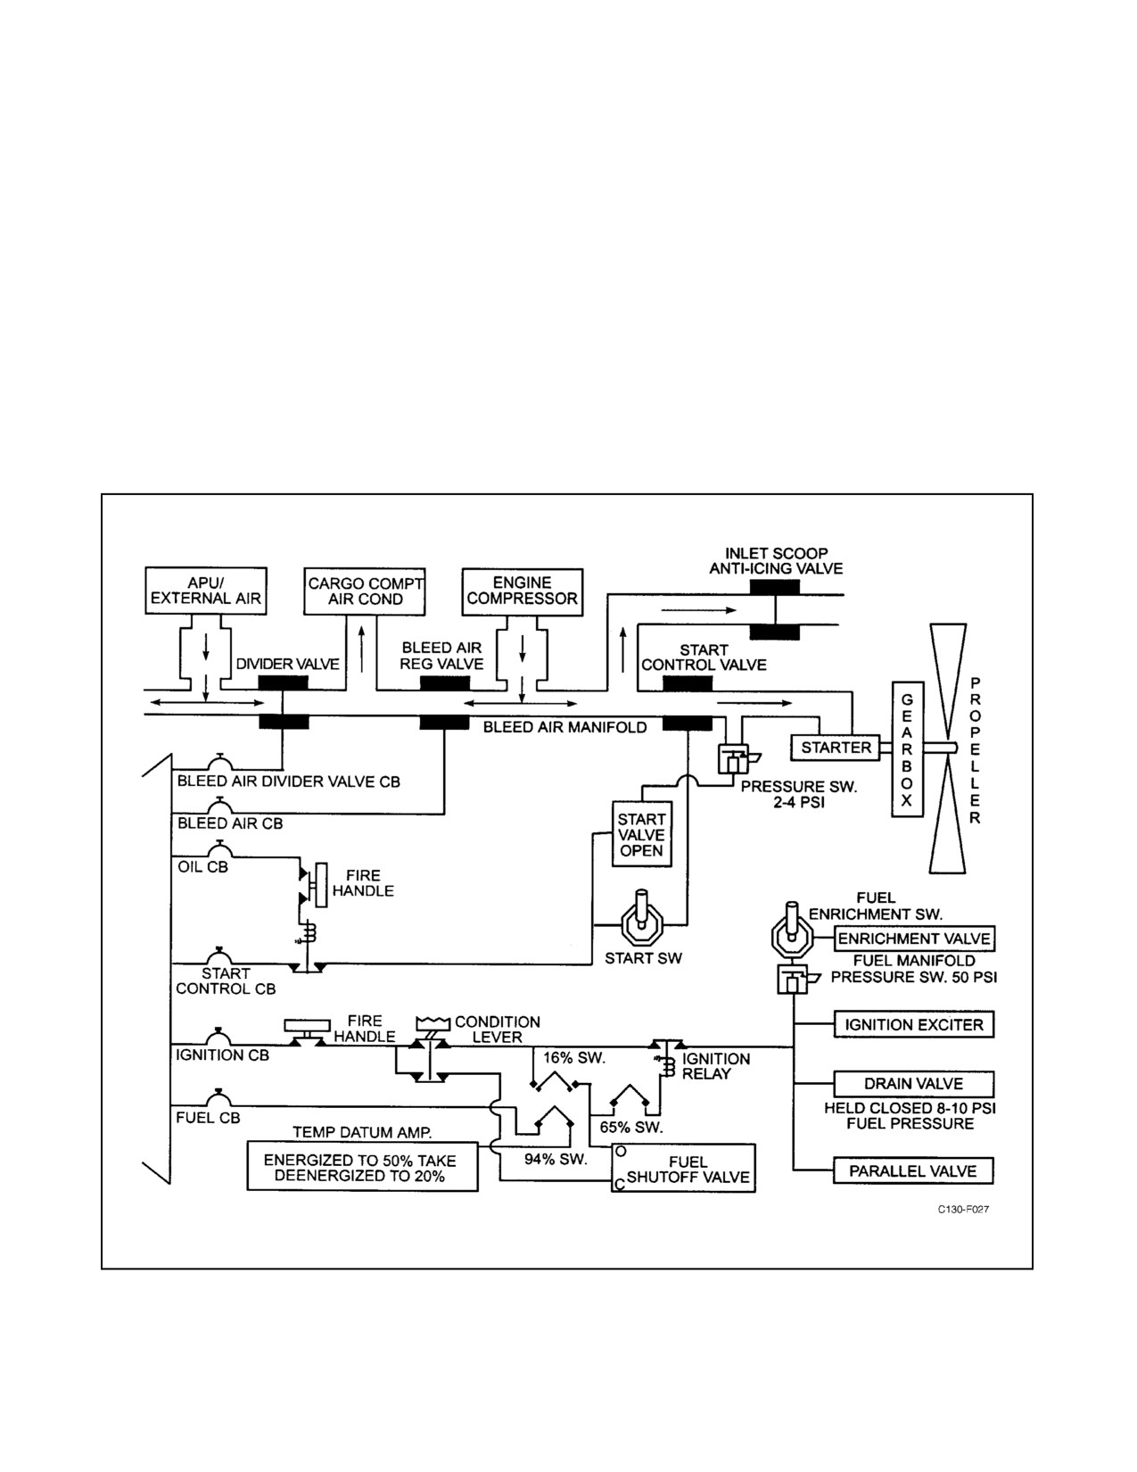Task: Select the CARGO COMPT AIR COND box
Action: [x=365, y=591]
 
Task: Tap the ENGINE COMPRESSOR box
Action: [x=522, y=592]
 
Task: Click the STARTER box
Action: [x=835, y=748]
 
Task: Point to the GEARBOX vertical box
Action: [x=908, y=748]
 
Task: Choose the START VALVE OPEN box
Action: [x=642, y=834]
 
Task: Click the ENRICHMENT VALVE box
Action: [x=914, y=939]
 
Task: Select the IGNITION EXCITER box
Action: [x=913, y=1024]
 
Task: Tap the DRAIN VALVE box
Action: [x=913, y=1084]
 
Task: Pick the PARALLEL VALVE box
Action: [x=913, y=1171]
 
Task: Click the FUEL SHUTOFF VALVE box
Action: [x=683, y=1168]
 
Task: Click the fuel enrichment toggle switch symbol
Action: [x=791, y=932]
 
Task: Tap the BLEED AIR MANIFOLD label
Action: [x=564, y=728]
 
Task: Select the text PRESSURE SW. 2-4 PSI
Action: [x=799, y=795]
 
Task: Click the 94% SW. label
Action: [x=556, y=1159]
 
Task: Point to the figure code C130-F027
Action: [x=963, y=1210]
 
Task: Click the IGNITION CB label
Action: [x=222, y=1055]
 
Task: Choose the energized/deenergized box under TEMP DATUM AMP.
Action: [x=362, y=1167]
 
